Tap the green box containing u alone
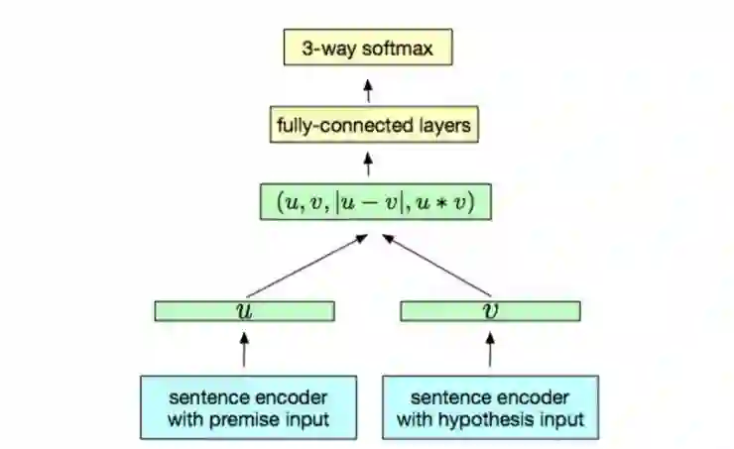244,311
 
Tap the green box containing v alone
490,311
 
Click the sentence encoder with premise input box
244,407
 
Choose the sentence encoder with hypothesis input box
490,407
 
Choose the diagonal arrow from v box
436,266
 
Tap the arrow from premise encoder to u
244,348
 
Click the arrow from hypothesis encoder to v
490,348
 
